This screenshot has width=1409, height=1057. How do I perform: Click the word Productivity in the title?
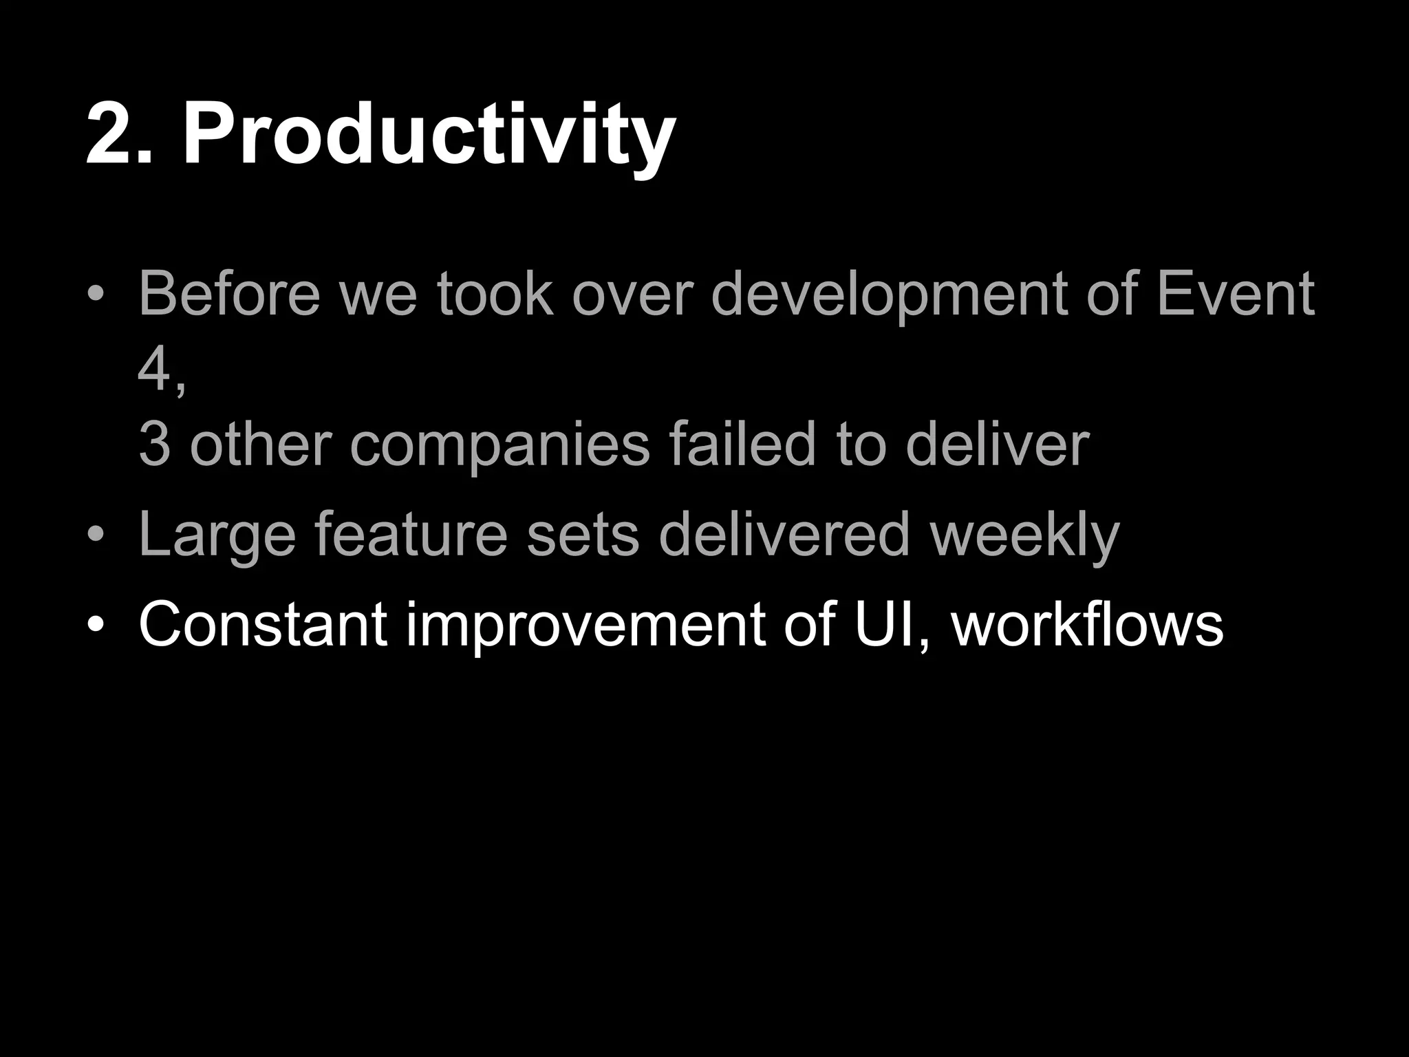[428, 134]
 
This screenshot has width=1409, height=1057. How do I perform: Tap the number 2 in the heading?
[110, 134]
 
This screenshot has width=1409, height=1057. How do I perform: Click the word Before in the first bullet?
[229, 294]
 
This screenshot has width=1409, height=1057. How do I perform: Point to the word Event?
[1235, 294]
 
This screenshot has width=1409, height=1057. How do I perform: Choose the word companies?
[499, 446]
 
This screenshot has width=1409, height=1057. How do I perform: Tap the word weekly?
[1024, 537]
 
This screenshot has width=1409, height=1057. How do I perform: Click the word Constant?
[262, 625]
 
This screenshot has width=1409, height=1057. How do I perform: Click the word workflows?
[1088, 625]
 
